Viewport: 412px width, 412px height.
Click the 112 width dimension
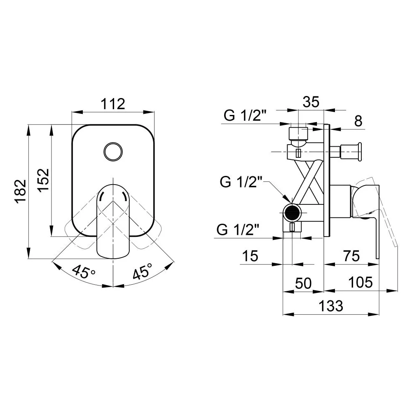tap(113, 104)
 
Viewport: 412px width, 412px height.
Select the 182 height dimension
tap(21, 191)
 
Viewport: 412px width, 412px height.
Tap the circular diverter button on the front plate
tap(113, 152)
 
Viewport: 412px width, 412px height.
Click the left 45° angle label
tap(84, 271)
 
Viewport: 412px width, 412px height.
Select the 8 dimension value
tap(358, 121)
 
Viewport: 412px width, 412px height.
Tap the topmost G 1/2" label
tap(245, 115)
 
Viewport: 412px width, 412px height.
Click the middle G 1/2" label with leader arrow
tap(241, 182)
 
